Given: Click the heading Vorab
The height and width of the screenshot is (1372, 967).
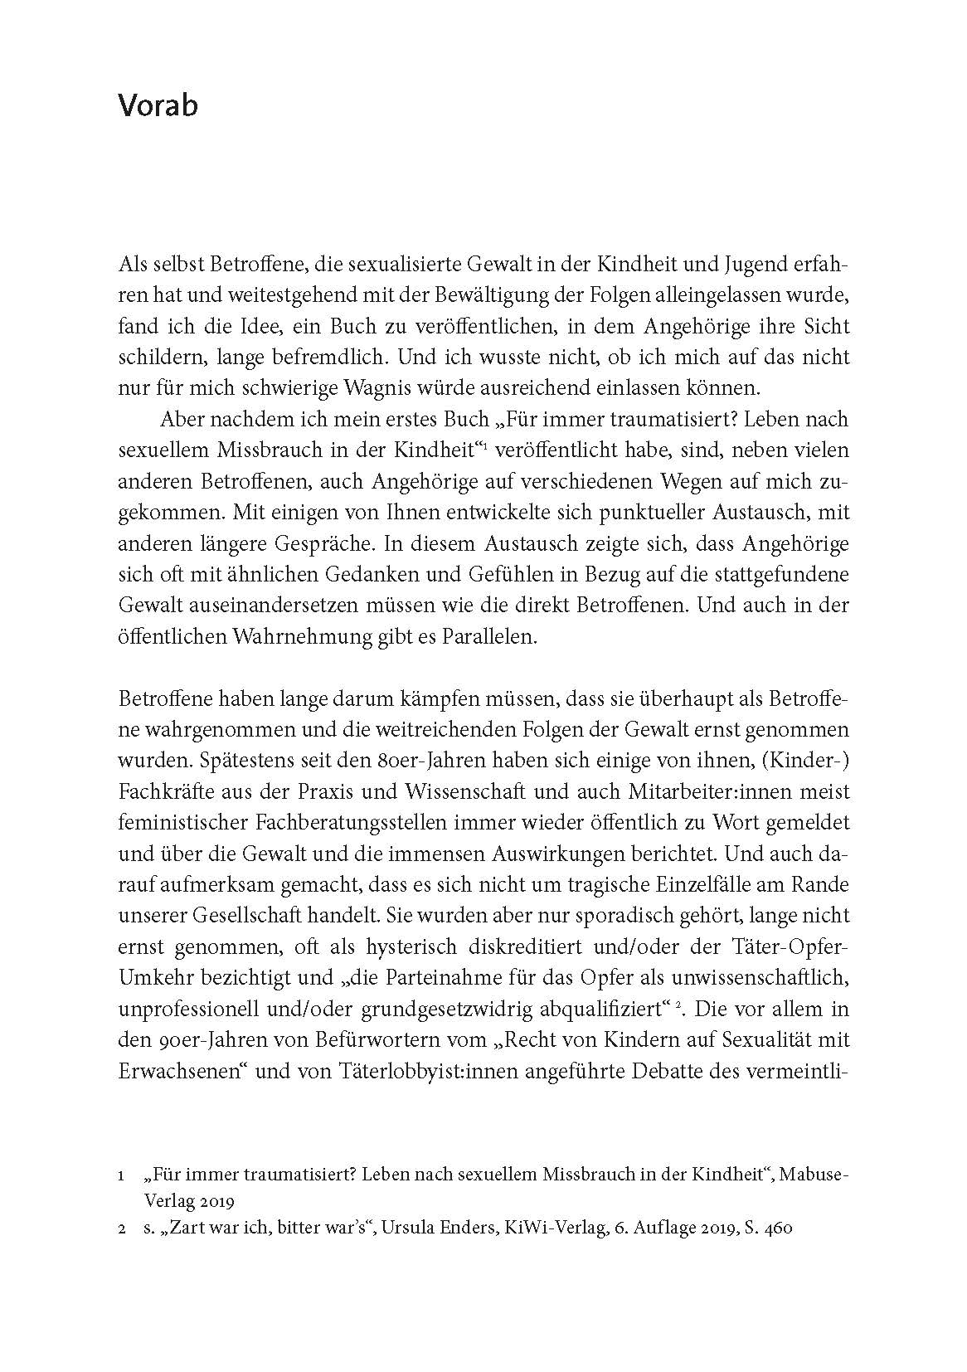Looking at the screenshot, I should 158,106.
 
